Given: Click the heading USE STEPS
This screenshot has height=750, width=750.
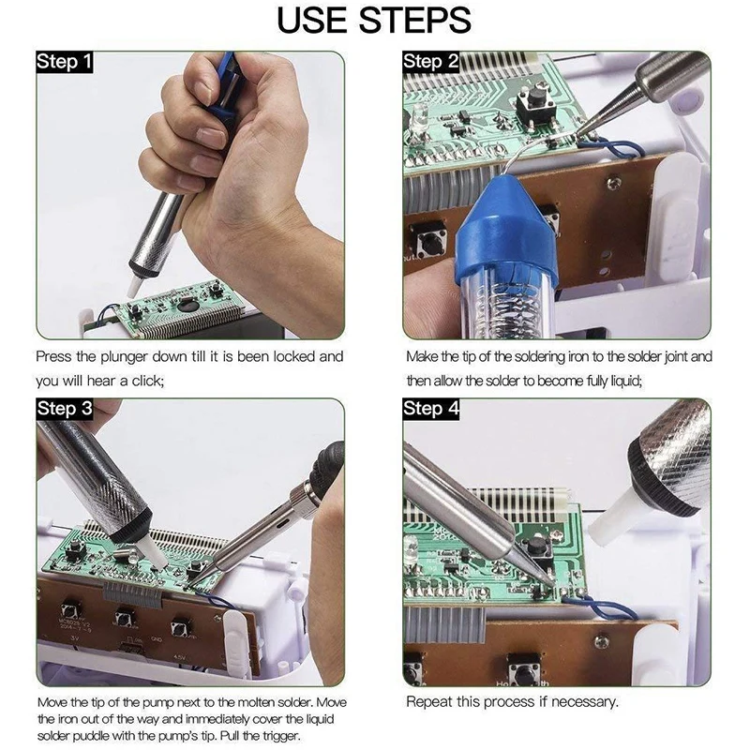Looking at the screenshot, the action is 374,20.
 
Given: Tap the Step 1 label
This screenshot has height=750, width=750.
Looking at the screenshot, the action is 64,62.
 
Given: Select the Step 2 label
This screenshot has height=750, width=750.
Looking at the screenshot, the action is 430,62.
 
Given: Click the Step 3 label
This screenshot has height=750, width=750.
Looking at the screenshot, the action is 65,409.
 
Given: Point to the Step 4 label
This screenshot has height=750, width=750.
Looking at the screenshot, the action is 431,409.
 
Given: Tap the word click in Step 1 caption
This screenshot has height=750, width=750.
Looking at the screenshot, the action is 147,382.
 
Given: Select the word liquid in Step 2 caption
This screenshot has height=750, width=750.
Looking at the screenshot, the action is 624,382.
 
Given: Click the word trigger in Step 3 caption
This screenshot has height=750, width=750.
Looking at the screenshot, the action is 280,735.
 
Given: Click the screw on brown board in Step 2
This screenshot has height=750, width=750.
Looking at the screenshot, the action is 614,182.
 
